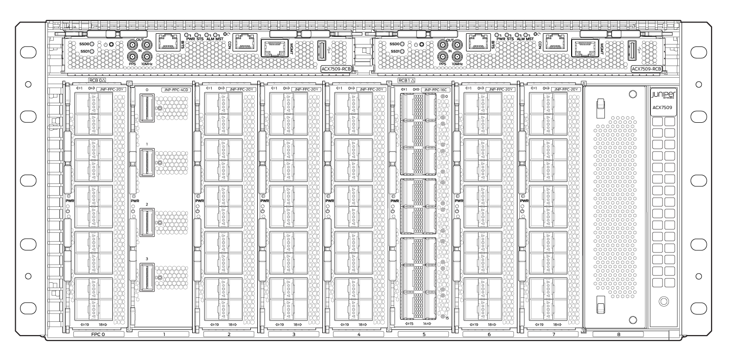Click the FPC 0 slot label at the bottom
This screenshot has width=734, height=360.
click(x=98, y=335)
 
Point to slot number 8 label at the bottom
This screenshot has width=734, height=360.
click(x=618, y=335)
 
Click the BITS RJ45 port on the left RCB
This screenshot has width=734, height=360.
click(x=168, y=43)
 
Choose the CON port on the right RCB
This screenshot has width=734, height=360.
click(x=556, y=43)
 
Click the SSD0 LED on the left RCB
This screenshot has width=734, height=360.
click(x=91, y=44)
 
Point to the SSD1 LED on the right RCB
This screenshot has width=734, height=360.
click(x=402, y=51)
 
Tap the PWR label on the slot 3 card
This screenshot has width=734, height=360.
click(x=265, y=201)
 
